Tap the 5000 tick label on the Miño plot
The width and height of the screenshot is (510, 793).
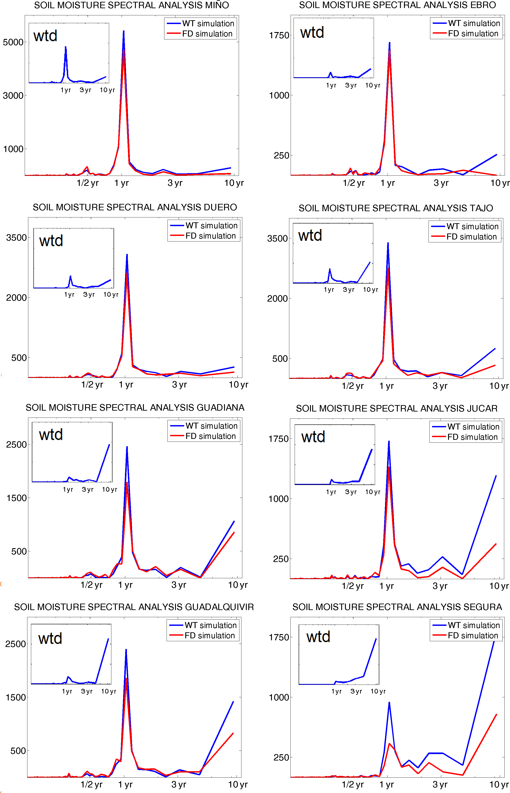click(x=13, y=42)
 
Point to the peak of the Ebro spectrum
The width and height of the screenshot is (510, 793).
click(x=390, y=43)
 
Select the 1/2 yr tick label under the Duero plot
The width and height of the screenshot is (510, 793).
click(x=92, y=385)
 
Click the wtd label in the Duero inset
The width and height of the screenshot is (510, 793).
click(x=51, y=241)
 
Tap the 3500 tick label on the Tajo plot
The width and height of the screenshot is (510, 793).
click(x=277, y=239)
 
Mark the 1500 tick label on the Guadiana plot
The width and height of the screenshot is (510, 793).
click(x=16, y=498)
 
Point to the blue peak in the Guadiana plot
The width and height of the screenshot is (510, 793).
click(x=127, y=447)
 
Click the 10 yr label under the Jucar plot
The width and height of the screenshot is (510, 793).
click(x=499, y=586)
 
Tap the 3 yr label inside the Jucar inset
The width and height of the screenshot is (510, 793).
click(x=351, y=492)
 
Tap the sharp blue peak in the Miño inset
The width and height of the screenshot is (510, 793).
click(x=65, y=47)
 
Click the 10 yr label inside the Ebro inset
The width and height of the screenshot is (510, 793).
click(x=373, y=85)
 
